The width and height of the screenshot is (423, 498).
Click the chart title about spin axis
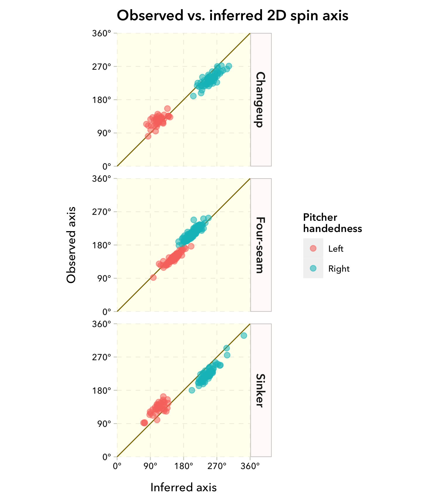tap(232, 16)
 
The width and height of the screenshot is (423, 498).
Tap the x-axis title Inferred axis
tap(184, 487)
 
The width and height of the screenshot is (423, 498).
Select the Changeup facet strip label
tap(261, 100)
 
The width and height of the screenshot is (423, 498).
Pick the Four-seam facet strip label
tap(261, 245)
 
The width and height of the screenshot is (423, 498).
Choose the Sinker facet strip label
tap(261, 390)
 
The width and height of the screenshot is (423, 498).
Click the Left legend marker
tap(313, 248)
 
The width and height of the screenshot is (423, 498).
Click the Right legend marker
tap(313, 268)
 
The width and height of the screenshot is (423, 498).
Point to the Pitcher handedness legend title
tap(332, 223)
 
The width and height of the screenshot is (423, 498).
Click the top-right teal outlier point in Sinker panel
tap(244, 335)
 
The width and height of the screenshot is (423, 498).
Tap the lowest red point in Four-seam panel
tap(153, 278)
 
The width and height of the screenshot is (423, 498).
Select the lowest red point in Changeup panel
tap(148, 136)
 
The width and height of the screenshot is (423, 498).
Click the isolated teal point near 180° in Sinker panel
tap(192, 390)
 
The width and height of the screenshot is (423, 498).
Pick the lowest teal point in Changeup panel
tap(193, 96)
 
